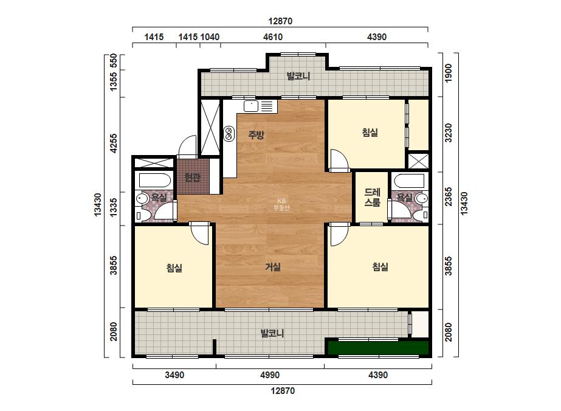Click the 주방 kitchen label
pos(256,135)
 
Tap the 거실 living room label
pos(273,267)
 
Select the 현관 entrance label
pos(192,177)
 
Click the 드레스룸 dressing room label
pos(372,197)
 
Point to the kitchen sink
pos(251,106)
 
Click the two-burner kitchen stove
pos(229,134)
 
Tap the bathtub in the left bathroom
pos(154,180)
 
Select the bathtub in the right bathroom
pos(408,181)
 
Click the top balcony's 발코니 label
pos(298,76)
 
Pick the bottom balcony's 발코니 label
pos(272,333)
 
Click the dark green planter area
pos(379,348)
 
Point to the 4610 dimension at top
pos(273,37)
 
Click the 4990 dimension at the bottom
pos(270,375)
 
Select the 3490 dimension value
pos(174,375)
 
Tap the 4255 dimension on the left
pos(114,143)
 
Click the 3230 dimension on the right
pos(449,133)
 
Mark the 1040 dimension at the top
pos(210,37)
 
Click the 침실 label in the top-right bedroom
pos(370,133)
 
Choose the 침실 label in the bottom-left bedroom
pos(174,268)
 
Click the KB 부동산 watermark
pos(281,204)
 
